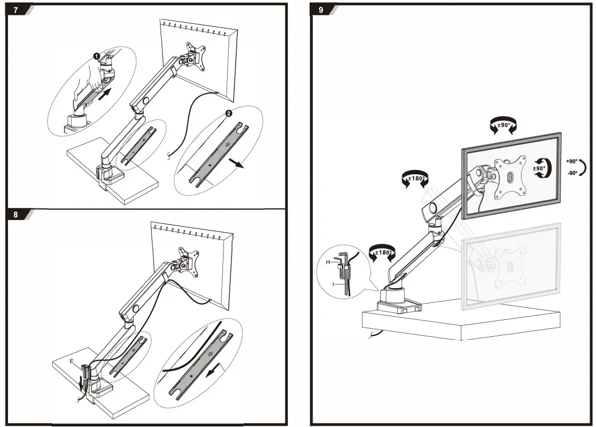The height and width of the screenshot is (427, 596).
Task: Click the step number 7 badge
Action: [x=16, y=10]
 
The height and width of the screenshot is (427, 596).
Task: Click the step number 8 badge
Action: [x=16, y=215]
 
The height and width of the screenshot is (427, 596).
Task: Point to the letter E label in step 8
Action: [x=71, y=361]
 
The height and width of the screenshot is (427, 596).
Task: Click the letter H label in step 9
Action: [x=328, y=261]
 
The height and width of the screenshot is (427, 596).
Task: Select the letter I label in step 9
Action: [x=333, y=284]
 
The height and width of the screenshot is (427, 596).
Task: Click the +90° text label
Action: [x=572, y=161]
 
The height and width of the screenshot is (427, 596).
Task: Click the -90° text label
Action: [x=572, y=173]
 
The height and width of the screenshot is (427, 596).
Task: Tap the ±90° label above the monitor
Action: [x=503, y=126]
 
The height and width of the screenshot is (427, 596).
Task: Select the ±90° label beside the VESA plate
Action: [x=538, y=169]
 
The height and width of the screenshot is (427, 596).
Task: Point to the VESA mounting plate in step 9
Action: [x=510, y=177]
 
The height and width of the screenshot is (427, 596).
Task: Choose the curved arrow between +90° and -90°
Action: [x=583, y=167]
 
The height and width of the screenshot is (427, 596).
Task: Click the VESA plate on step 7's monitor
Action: [x=194, y=57]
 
